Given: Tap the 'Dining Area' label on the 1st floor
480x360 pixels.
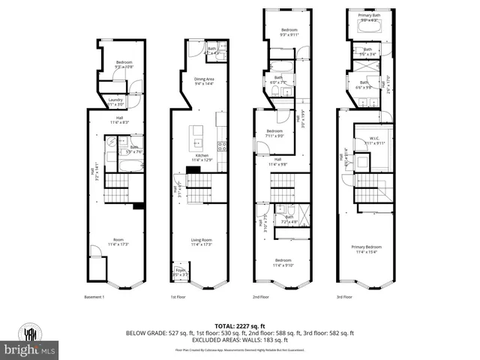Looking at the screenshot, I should [x=205, y=79].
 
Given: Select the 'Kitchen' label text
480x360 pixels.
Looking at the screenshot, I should [x=202, y=155].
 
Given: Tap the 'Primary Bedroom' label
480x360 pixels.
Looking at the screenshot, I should [x=367, y=247].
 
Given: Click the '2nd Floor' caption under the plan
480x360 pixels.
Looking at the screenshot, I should [x=260, y=297].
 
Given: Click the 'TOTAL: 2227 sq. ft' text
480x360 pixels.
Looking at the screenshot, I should [x=240, y=325].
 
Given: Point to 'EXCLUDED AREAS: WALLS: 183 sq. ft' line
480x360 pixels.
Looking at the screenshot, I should [x=240, y=340].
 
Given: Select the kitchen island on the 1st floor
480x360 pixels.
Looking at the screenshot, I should [x=197, y=136].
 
